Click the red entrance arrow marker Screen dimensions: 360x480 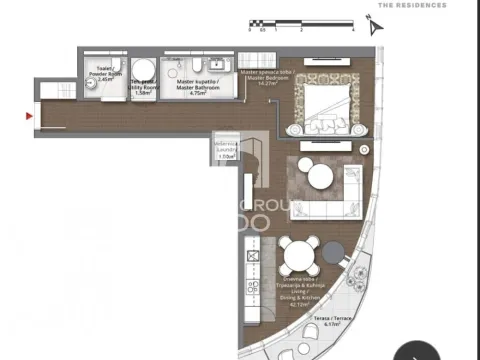tap(29, 116)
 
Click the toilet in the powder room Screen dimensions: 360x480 tap(92, 88)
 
